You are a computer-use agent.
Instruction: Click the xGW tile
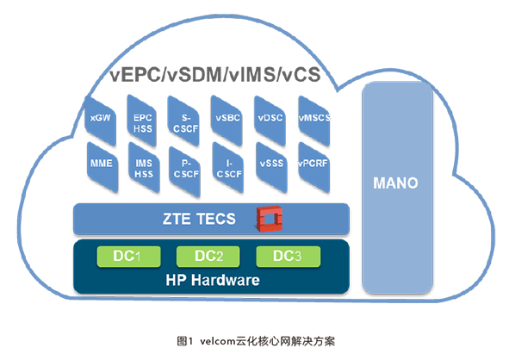(100, 121)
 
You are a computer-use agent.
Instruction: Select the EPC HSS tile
(142, 121)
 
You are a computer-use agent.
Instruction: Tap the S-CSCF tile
(183, 121)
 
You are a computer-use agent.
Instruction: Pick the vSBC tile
(227, 121)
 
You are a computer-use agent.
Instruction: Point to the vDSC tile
(270, 121)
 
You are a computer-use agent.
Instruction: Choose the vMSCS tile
(313, 121)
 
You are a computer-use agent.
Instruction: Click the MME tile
(102, 167)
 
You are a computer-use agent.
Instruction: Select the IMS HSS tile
(144, 167)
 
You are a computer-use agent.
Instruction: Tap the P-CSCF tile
(184, 171)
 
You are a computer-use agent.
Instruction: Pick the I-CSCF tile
(228, 168)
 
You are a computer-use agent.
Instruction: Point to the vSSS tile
(271, 167)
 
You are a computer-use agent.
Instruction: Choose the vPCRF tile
(313, 167)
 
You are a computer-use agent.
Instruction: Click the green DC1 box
(128, 257)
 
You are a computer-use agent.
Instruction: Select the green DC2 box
(208, 257)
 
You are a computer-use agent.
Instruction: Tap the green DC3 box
(289, 257)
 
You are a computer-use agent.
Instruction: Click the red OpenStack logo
(269, 219)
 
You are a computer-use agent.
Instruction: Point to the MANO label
(395, 183)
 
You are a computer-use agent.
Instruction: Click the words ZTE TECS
(199, 219)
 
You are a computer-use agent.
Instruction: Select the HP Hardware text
(213, 280)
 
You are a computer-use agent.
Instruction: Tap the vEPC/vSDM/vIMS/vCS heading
(215, 74)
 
